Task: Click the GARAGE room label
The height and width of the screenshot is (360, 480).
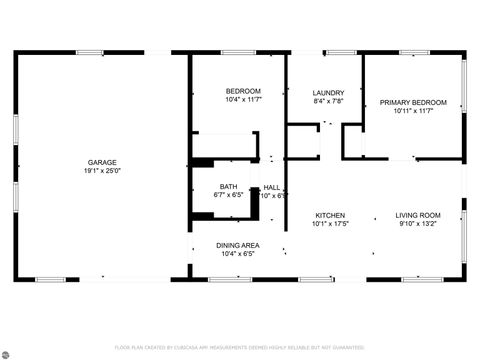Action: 102,162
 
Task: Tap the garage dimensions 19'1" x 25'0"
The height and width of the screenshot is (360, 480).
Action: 102,171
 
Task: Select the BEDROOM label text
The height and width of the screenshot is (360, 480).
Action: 243,91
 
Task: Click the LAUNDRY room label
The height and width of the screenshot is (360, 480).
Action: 328,92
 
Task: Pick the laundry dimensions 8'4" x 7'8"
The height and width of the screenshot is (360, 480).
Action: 328,101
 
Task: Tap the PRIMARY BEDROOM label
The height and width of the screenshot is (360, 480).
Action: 413,102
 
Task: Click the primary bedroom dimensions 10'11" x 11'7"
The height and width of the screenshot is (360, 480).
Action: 413,111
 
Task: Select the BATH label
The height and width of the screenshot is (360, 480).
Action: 229,186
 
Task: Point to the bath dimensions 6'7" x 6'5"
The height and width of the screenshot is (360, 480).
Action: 229,195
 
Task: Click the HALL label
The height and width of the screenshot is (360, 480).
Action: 272,186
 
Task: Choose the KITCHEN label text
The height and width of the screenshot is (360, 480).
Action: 331,215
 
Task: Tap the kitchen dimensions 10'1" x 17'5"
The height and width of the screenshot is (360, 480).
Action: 331,224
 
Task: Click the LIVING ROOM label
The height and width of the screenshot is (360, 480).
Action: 417,215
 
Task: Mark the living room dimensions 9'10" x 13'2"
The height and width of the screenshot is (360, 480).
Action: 417,224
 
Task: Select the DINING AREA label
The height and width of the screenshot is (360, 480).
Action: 238,245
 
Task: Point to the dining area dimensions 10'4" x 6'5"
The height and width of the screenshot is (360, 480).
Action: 238,254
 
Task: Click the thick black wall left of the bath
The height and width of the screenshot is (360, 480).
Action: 193,190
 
